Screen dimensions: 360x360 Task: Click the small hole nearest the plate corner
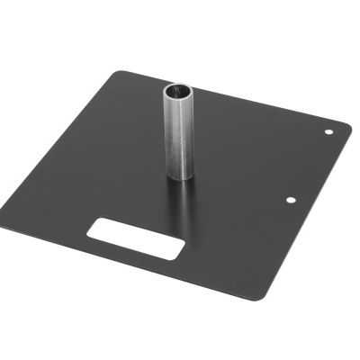[x=328, y=132]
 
